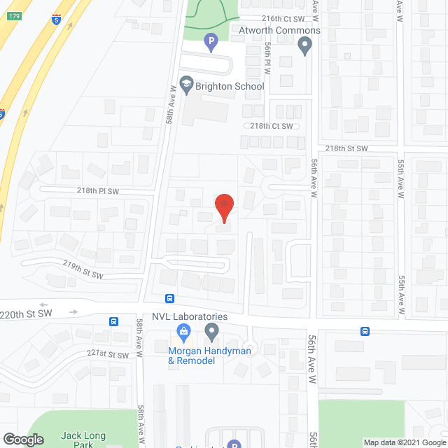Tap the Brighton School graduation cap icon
coord(186,85)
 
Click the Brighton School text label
coord(230,86)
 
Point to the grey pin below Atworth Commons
coord(304,47)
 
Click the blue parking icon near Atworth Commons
coord(210,43)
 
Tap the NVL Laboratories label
coord(185,316)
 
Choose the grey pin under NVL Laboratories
coord(211,331)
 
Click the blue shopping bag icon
coord(183,330)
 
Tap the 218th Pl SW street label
coord(98,190)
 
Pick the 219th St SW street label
coord(83,270)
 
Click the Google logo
coord(23,440)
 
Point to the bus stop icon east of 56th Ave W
coord(365,331)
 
